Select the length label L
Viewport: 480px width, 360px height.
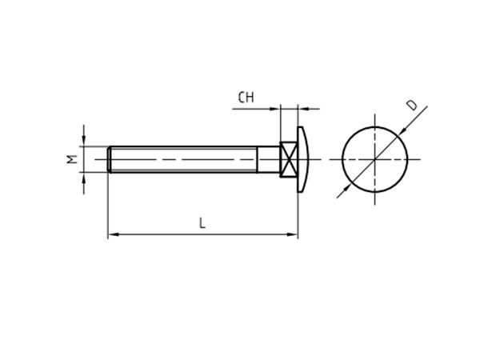coord(202,224)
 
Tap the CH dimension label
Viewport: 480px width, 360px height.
coord(246,98)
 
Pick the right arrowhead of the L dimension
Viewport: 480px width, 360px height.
coord(293,234)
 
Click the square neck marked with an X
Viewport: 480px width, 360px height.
coord(289,158)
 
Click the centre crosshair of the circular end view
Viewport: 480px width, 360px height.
coord(374,158)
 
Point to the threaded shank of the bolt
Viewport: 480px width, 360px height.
coord(184,158)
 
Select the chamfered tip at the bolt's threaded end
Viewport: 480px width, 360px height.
coord(110,158)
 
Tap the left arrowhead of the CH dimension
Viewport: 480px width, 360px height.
coord(276,108)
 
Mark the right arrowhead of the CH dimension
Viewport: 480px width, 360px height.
coord(302,108)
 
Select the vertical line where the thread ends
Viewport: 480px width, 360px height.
coord(257,158)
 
